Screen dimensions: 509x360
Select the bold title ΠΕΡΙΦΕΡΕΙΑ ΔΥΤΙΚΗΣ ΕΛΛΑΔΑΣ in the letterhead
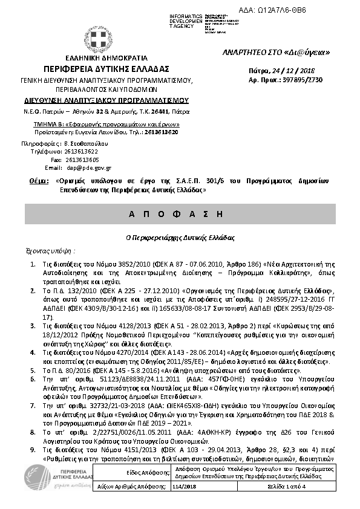pyautogui.click(x=106, y=68)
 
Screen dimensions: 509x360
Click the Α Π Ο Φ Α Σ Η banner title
pyautogui.click(x=180, y=215)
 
